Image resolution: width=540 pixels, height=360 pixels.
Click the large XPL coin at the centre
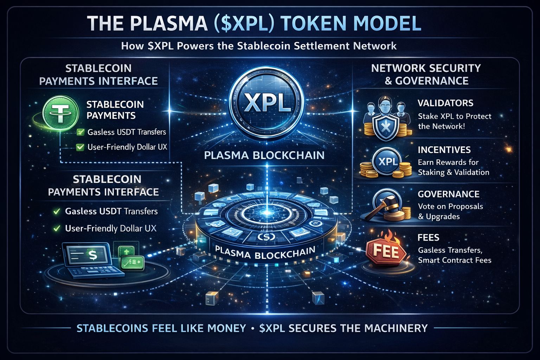coord(266,102)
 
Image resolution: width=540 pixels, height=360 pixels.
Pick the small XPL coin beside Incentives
coord(387,162)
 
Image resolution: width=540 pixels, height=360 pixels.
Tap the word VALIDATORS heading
coord(445,103)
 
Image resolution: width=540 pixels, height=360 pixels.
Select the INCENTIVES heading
coord(444,150)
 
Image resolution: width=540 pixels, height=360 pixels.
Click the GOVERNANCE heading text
coord(448,194)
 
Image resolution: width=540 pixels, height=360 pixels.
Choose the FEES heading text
coord(428,238)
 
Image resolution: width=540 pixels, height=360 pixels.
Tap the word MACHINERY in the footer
coord(396,328)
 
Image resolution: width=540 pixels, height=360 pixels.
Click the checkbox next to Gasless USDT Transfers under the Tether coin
coord(81,133)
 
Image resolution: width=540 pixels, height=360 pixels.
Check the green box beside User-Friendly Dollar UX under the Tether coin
coord(80,147)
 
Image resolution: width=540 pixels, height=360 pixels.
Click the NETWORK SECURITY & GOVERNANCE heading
coord(426,74)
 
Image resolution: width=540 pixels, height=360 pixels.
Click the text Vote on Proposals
coord(450,206)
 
